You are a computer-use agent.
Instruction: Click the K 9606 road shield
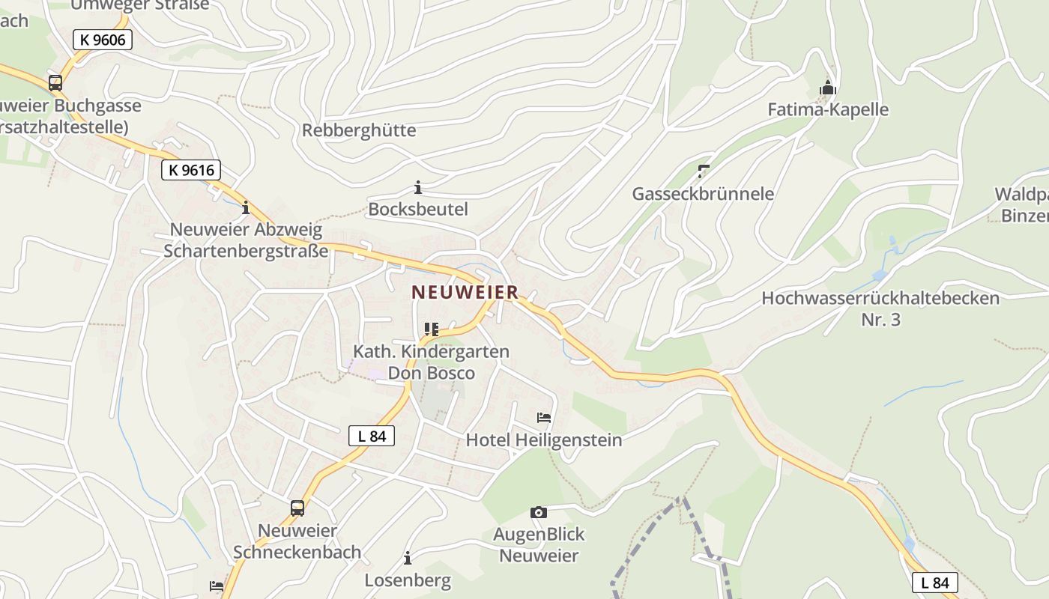click(x=103, y=40)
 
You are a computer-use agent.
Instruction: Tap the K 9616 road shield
click(x=191, y=170)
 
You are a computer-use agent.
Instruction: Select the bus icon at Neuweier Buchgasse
click(x=55, y=82)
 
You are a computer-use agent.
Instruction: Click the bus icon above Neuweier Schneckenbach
click(x=297, y=508)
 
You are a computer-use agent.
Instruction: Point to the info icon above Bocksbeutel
click(x=418, y=187)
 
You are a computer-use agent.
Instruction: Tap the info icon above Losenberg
click(x=408, y=558)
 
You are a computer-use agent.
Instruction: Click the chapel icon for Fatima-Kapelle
click(x=827, y=88)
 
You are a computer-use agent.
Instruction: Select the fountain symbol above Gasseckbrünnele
click(x=703, y=171)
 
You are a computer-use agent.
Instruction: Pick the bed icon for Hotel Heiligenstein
click(x=544, y=418)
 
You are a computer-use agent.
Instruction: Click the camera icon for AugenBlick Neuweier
click(x=538, y=512)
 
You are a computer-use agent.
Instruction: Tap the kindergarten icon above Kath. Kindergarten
click(x=431, y=329)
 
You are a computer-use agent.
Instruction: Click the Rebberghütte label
click(x=359, y=130)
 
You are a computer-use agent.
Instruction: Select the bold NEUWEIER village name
click(x=465, y=292)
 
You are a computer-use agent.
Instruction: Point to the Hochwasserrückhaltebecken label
click(x=880, y=298)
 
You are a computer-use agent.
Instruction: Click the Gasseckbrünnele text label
click(x=703, y=194)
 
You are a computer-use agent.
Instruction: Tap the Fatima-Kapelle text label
click(x=828, y=109)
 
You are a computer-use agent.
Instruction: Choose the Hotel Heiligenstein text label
click(x=544, y=440)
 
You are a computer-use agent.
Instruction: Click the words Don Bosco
click(x=431, y=373)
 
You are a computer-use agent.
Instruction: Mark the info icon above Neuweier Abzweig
click(x=245, y=207)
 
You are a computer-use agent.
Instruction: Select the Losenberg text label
click(x=408, y=580)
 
